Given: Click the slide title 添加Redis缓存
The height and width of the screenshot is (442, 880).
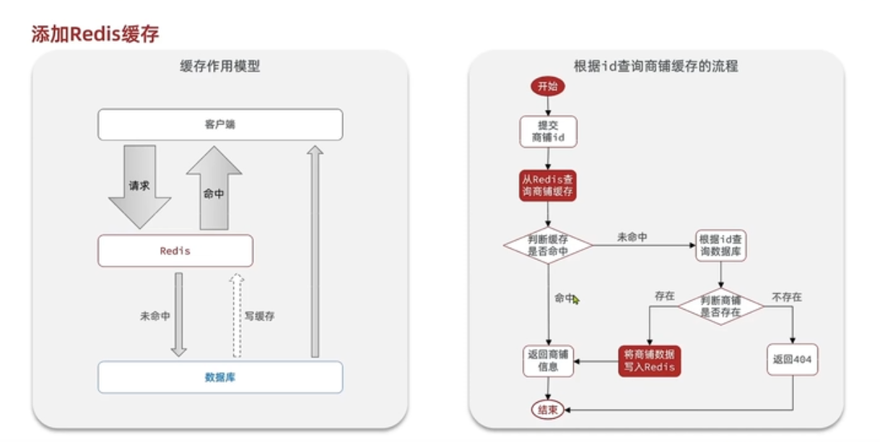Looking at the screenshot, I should click(95, 34).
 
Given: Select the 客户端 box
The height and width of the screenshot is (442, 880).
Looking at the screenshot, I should click(220, 124).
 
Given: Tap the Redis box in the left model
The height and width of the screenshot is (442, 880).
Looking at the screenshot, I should click(175, 251).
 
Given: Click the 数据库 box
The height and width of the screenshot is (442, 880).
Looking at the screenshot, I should click(220, 377).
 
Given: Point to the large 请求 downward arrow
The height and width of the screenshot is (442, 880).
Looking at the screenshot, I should click(139, 186).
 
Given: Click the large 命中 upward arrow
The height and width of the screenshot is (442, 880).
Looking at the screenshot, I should click(214, 189).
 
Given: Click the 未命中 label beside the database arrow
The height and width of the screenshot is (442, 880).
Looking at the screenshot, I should click(155, 316).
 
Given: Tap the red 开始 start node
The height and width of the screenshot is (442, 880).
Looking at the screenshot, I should click(548, 86).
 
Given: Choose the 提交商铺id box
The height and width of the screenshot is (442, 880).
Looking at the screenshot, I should click(548, 131).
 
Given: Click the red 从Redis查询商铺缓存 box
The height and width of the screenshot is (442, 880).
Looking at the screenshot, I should click(548, 186).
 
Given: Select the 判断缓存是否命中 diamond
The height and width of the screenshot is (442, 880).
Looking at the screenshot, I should click(548, 246).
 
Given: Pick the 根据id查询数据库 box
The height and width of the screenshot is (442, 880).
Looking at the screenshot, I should click(720, 246).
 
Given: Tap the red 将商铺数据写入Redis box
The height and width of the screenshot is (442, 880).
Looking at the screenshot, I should click(650, 360).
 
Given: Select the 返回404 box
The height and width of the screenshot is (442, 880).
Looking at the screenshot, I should click(793, 359).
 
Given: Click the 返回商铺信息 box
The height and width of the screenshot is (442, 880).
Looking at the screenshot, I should click(548, 360).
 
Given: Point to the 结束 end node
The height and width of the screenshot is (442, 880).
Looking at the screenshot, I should click(548, 410).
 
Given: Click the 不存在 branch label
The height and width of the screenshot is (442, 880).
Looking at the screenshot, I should click(787, 297).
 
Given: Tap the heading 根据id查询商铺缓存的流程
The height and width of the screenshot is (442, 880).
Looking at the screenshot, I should click(655, 66).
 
